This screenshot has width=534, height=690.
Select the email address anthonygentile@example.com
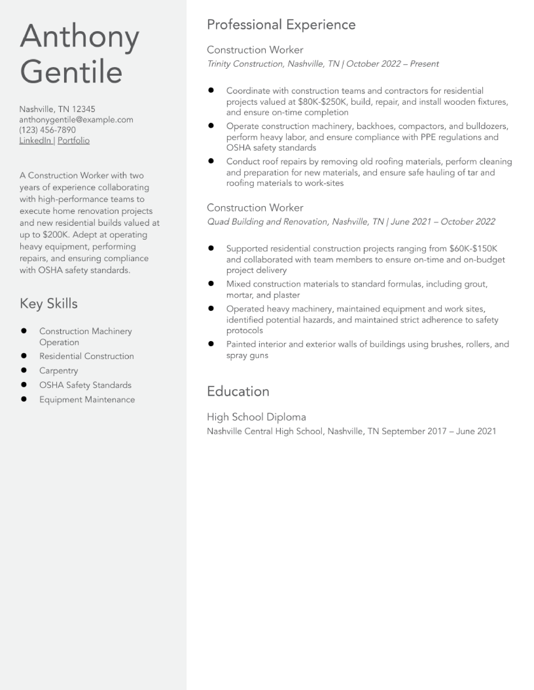[76, 120]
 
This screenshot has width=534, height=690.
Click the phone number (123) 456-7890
[48, 130]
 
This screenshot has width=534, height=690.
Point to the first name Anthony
[79, 37]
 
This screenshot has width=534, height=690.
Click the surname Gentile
[71, 72]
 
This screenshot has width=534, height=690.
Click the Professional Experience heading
[281, 25]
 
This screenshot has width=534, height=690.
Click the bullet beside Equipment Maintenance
[24, 399]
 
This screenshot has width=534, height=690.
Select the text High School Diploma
[256, 417]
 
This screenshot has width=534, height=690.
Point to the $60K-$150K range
[473, 249]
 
